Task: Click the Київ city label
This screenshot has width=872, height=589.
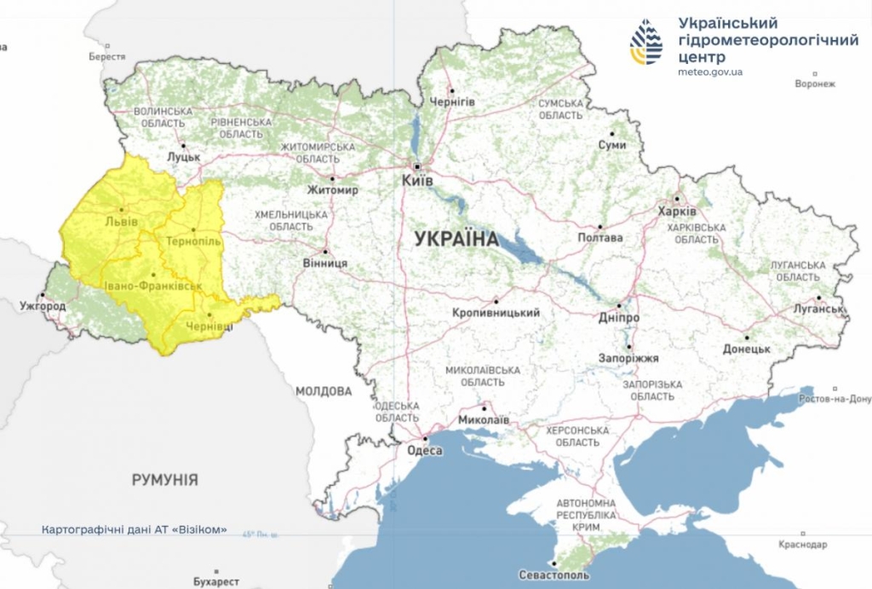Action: pos(418,182)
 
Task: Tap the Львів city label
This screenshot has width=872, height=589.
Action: pos(120,223)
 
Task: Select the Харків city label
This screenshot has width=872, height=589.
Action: pos(677,211)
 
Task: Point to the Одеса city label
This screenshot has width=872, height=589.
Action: pos(423,451)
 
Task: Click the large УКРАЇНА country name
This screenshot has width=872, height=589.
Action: pos(456,239)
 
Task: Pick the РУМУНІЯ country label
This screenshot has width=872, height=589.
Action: pos(165,480)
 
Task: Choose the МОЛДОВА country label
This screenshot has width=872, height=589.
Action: pos(324,391)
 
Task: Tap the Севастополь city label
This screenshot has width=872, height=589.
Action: pos(554,576)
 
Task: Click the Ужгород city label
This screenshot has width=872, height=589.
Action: pos(43,305)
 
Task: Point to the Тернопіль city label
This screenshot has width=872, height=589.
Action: pos(193,241)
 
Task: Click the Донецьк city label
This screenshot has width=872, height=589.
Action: pos(747,349)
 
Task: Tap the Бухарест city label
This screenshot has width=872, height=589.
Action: pos(215,581)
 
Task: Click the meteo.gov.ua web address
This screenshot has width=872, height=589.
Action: pos(710,72)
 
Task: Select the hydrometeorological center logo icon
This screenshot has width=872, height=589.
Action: pos(646,42)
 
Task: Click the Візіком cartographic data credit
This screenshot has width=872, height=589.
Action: pos(135,529)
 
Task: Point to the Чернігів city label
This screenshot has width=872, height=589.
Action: pos(452,101)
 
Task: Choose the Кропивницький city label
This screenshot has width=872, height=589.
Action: pos(496,313)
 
